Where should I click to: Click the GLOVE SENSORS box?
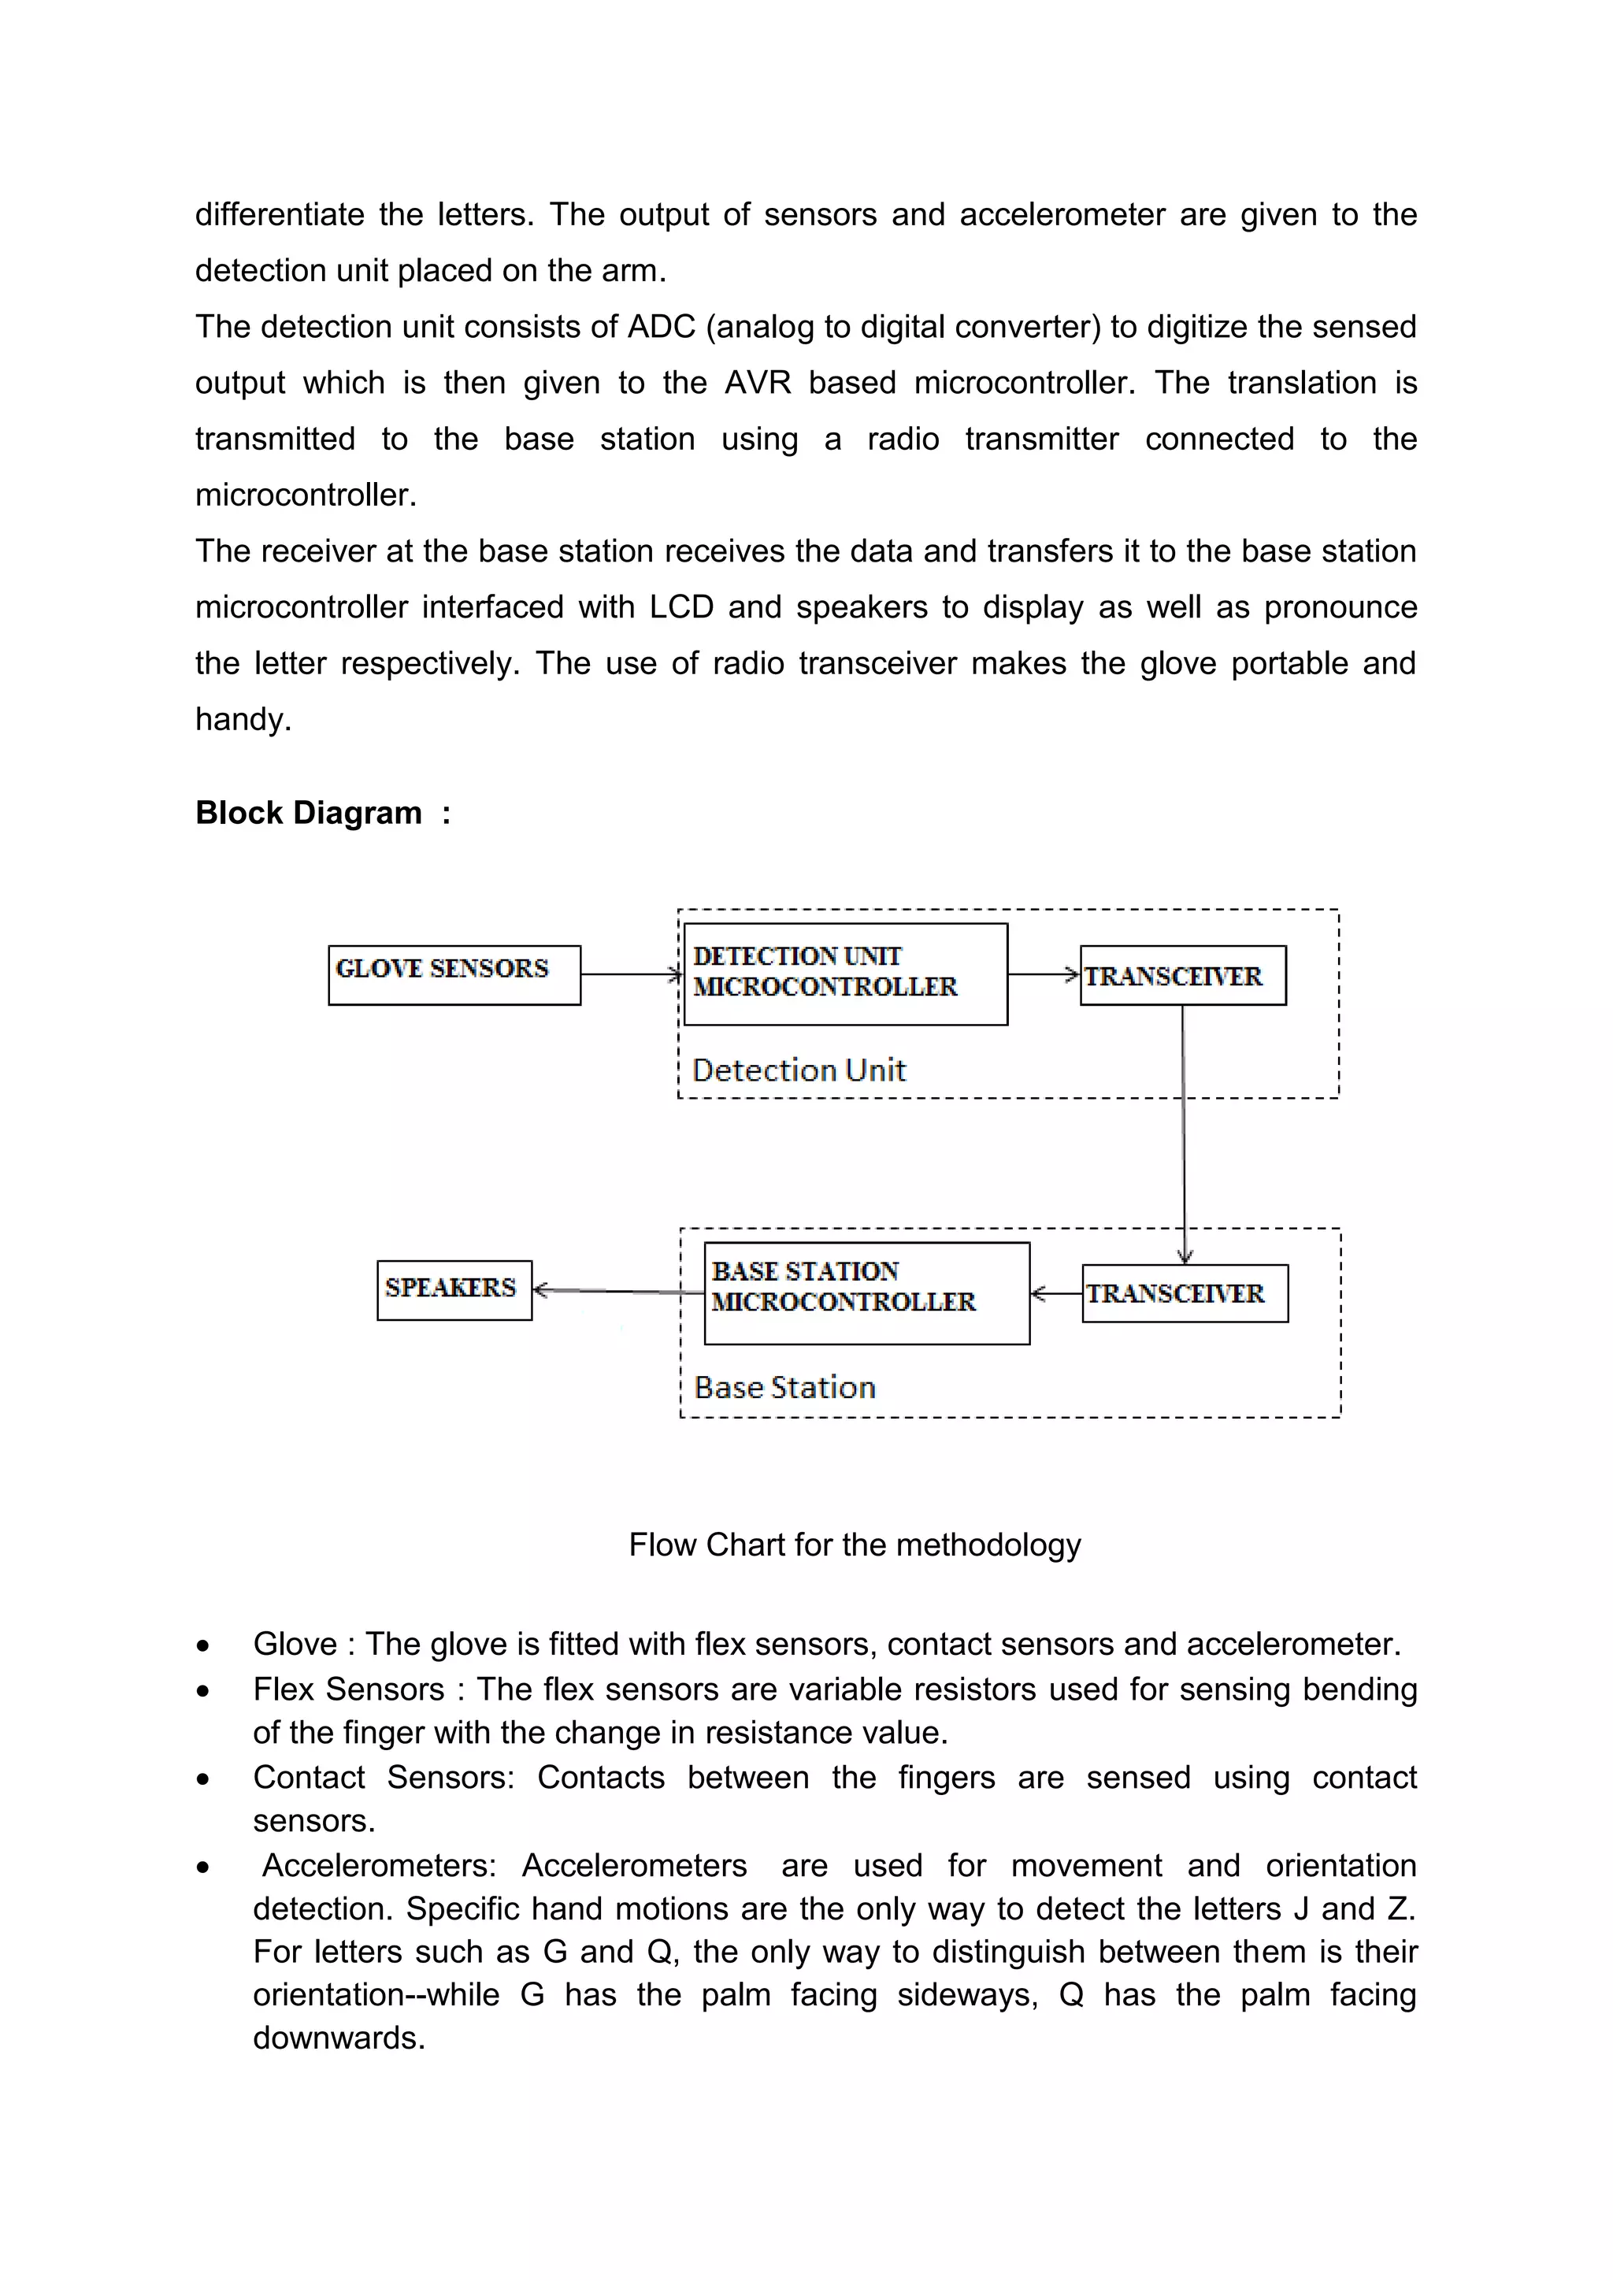point(454,974)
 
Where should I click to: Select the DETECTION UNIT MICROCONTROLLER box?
point(845,974)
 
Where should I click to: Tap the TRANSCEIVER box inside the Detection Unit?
point(1182,976)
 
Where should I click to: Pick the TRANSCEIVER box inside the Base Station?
point(1184,1293)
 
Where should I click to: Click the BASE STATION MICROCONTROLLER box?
point(866,1293)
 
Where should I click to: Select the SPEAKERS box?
point(454,1289)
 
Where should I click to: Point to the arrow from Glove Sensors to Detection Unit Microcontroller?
point(631,974)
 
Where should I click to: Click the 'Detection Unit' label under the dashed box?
point(799,1070)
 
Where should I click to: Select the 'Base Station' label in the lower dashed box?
point(784,1387)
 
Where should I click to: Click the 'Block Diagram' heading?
point(308,813)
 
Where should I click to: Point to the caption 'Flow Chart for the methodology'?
point(855,1544)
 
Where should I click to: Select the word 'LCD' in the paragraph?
point(681,607)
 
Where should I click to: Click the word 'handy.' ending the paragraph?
point(243,719)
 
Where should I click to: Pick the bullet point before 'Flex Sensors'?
point(202,1690)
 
